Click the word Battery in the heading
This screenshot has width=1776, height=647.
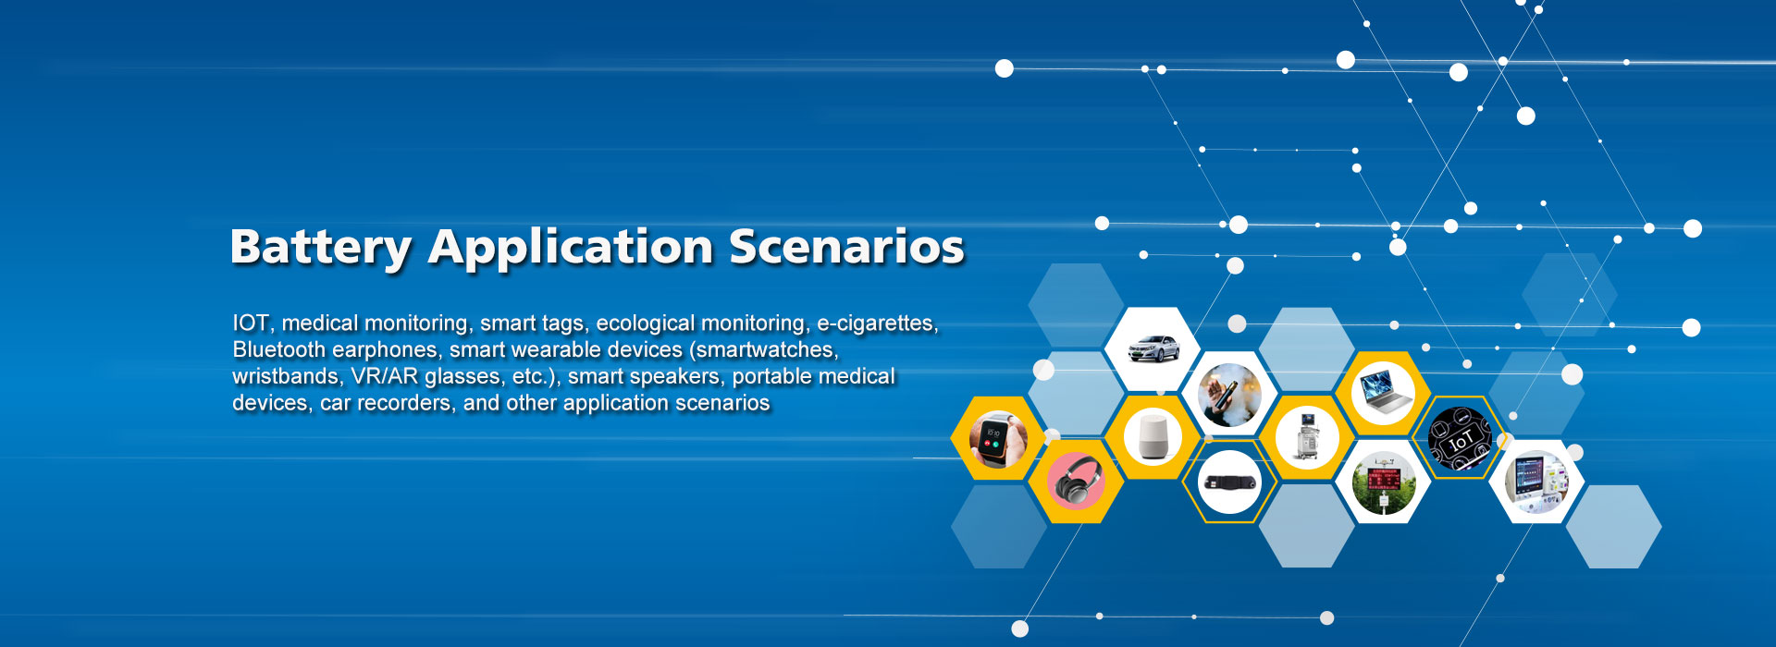point(320,248)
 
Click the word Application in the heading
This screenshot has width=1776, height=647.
point(570,248)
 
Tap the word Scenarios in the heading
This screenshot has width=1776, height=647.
point(846,248)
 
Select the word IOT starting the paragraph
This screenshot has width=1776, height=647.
point(251,323)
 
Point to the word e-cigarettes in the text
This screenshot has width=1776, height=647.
point(876,323)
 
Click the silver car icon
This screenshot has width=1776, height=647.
point(1153,348)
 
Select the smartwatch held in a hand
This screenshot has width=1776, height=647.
point(997,439)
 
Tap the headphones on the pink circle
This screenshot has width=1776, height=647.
point(1075,481)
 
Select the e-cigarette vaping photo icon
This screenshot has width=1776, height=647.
point(1229,395)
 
